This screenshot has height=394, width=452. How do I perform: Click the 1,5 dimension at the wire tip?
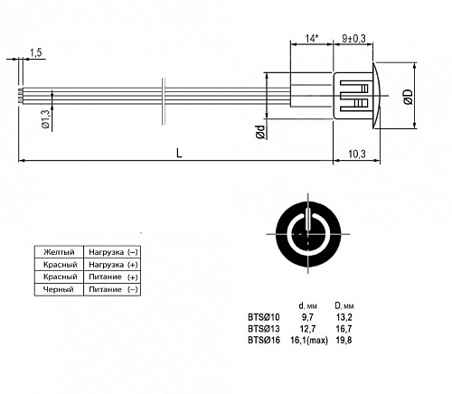point(35,53)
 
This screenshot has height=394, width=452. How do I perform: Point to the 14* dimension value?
point(311,39)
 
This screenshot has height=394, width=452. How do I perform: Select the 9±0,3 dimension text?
point(354,39)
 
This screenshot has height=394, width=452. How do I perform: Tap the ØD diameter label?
point(409,98)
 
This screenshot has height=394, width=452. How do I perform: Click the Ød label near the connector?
point(260,133)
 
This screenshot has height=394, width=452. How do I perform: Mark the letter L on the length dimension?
point(179,154)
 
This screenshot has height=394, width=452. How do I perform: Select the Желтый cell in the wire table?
point(57,250)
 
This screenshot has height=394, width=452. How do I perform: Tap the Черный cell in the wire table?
point(57,289)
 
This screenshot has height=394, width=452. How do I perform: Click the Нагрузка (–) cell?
point(113,250)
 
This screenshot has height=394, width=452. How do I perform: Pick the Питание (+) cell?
point(113,277)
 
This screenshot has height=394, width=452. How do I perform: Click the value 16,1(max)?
point(311,341)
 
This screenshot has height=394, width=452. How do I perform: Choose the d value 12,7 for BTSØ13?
point(307,329)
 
